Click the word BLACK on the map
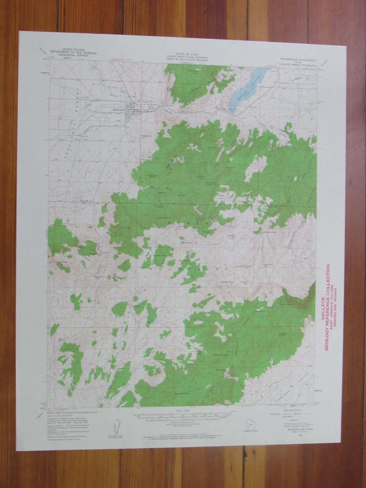[x=189, y=224]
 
